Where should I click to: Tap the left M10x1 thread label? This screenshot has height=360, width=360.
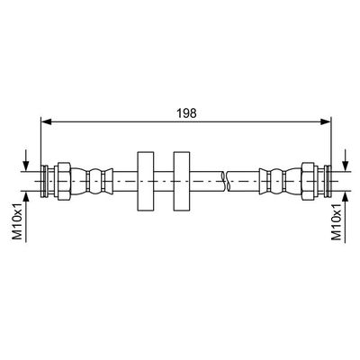click(x=17, y=221)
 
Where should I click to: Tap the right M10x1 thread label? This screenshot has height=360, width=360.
click(x=337, y=221)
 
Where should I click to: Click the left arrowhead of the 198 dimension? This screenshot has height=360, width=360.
click(x=46, y=121)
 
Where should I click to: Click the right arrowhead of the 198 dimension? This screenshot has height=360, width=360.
click(x=325, y=121)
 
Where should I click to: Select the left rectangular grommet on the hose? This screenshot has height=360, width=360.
click(x=146, y=181)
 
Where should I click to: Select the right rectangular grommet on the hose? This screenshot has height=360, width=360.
click(x=182, y=181)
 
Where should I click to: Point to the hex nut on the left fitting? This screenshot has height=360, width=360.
click(x=64, y=181)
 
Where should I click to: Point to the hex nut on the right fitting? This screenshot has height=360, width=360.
click(x=308, y=181)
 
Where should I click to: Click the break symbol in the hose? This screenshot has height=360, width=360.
click(x=227, y=181)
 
